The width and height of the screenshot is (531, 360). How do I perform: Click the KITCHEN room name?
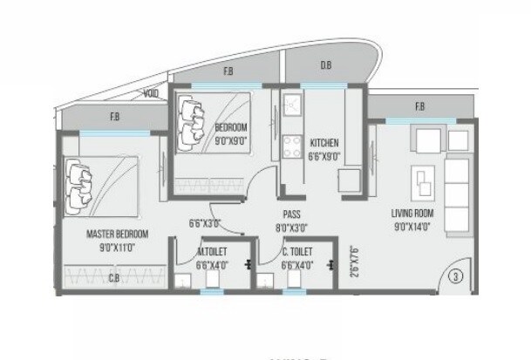pyautogui.click(x=323, y=142)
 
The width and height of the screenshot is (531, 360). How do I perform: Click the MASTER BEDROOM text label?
pyautogui.click(x=117, y=234)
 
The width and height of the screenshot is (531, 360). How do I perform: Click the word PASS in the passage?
pyautogui.click(x=291, y=212)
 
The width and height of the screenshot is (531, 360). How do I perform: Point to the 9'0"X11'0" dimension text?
pyautogui.click(x=117, y=246)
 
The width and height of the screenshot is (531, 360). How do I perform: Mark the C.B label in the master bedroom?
pyautogui.click(x=114, y=279)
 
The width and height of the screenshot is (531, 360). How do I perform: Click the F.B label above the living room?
pyautogui.click(x=419, y=107)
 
